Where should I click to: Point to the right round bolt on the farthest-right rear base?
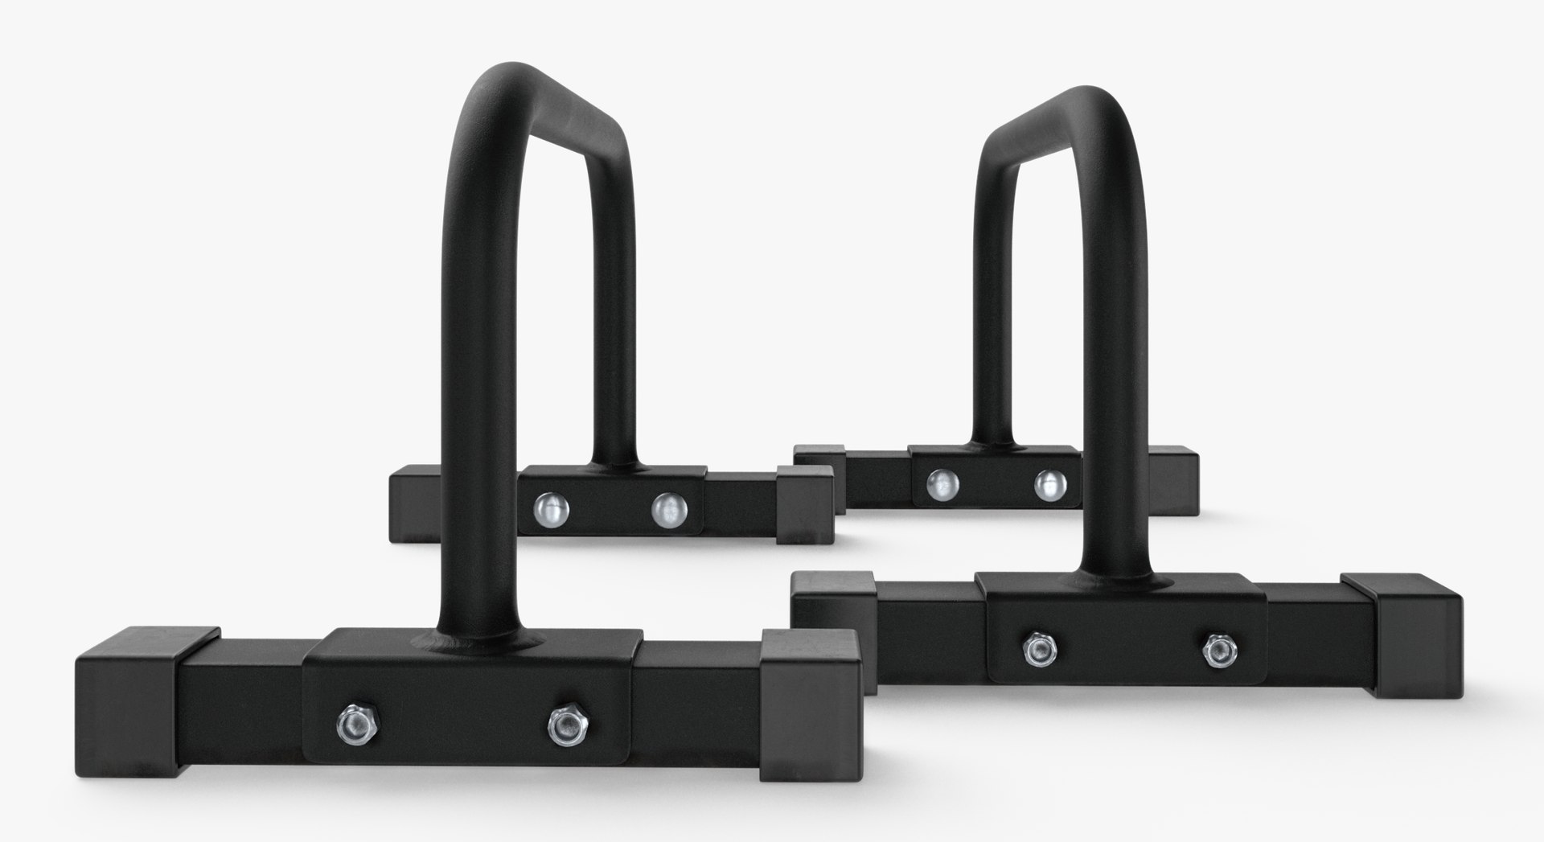click(1049, 483)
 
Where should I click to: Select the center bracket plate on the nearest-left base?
click(466, 708)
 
